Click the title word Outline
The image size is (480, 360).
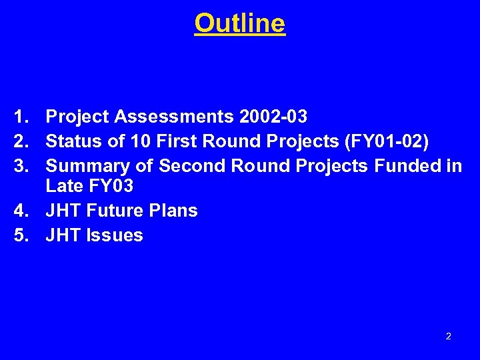[240, 23]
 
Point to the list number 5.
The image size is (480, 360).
[19, 235]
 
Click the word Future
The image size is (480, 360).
[114, 211]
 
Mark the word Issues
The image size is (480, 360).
[114, 235]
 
